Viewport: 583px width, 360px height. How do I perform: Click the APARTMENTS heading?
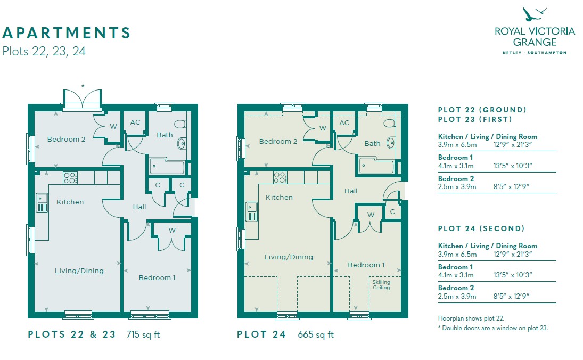click(66, 32)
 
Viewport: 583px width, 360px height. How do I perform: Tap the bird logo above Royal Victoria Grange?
click(534, 15)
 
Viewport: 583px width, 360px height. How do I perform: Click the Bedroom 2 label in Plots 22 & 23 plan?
click(66, 140)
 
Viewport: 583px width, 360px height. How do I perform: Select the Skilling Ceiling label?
click(381, 285)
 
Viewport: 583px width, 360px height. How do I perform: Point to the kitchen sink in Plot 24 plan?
click(251, 211)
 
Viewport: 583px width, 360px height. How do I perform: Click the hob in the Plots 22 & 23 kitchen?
click(70, 178)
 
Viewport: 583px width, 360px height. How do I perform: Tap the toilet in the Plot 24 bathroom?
click(390, 124)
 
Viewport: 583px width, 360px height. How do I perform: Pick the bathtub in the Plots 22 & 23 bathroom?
click(167, 166)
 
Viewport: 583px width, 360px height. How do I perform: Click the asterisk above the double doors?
click(83, 86)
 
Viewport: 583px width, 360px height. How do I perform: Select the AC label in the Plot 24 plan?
click(344, 122)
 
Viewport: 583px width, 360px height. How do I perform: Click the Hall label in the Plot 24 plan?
click(351, 191)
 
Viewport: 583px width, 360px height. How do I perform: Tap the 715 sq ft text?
click(143, 334)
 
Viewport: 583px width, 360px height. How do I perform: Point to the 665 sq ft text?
click(316, 334)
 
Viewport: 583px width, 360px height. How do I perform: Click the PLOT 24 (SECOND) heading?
click(481, 228)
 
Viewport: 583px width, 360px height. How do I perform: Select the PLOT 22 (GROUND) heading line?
click(482, 110)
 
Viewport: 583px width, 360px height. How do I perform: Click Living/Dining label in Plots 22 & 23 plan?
click(79, 271)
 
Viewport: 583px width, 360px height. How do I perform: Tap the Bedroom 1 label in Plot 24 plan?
click(366, 265)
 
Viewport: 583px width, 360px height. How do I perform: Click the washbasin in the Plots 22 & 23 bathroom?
click(182, 143)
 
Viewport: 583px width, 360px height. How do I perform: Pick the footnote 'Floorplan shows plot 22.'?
click(471, 318)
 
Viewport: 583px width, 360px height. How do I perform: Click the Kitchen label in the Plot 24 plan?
click(279, 198)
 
